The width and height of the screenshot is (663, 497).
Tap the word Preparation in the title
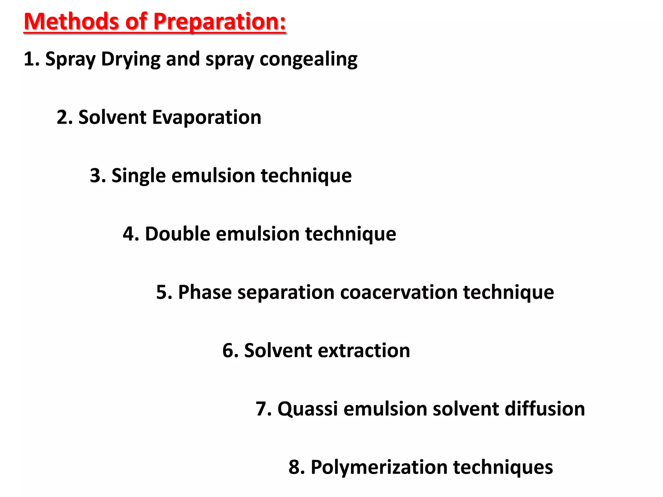[219, 22]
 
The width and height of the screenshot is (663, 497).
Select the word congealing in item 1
[309, 60]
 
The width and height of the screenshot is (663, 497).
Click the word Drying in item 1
[130, 60]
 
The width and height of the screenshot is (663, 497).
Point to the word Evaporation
[207, 117]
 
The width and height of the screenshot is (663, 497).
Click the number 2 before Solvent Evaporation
[62, 117]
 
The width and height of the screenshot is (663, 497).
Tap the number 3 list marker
[96, 176]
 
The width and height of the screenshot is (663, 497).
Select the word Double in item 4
[177, 234]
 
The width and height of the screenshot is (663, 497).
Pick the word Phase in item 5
[205, 292]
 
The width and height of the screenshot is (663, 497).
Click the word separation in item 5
[286, 292]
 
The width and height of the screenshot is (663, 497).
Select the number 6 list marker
[228, 350]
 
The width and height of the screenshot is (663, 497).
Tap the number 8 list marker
[294, 467]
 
